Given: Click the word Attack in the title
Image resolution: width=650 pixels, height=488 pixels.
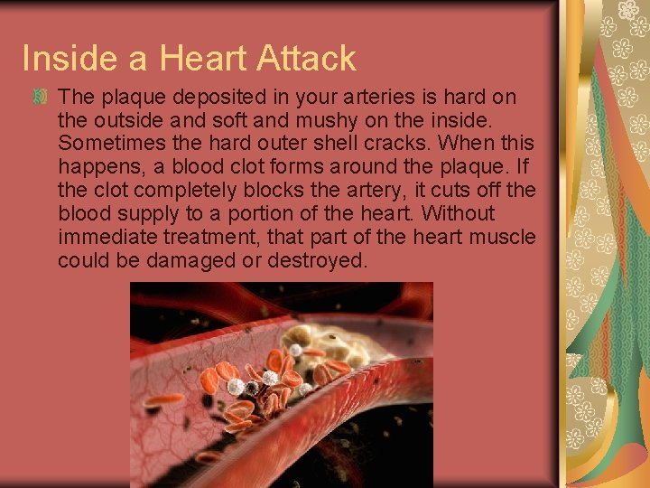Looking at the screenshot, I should click(x=306, y=59).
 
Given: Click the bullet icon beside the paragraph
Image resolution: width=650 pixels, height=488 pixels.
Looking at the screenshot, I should click(x=40, y=97).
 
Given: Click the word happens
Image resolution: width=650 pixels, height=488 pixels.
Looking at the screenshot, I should click(x=97, y=167).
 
